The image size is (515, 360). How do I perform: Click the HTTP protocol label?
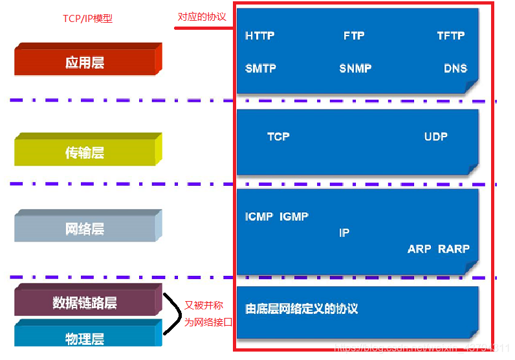click(260, 36)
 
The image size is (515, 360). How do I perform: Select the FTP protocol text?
click(354, 36)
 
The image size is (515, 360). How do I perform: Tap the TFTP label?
click(450, 36)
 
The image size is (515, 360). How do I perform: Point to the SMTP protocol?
click(261, 69)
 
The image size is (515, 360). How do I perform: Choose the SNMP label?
click(355, 69)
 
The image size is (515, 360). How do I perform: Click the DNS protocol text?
click(455, 69)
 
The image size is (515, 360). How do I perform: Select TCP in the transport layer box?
click(278, 137)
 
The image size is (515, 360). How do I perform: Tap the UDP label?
click(435, 137)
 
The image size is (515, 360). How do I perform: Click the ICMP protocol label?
click(259, 217)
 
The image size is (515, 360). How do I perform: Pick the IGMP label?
click(294, 217)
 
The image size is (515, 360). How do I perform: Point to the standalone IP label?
click(344, 232)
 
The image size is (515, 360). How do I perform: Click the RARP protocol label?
click(454, 249)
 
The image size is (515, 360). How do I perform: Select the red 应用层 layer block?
click(85, 62)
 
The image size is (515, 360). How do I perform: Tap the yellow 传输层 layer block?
click(85, 153)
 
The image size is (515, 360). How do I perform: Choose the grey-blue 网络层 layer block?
click(85, 229)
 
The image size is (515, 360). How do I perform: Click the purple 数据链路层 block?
click(85, 303)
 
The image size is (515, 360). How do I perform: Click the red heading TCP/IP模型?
click(87, 19)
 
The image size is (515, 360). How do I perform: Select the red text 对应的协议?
click(202, 17)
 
